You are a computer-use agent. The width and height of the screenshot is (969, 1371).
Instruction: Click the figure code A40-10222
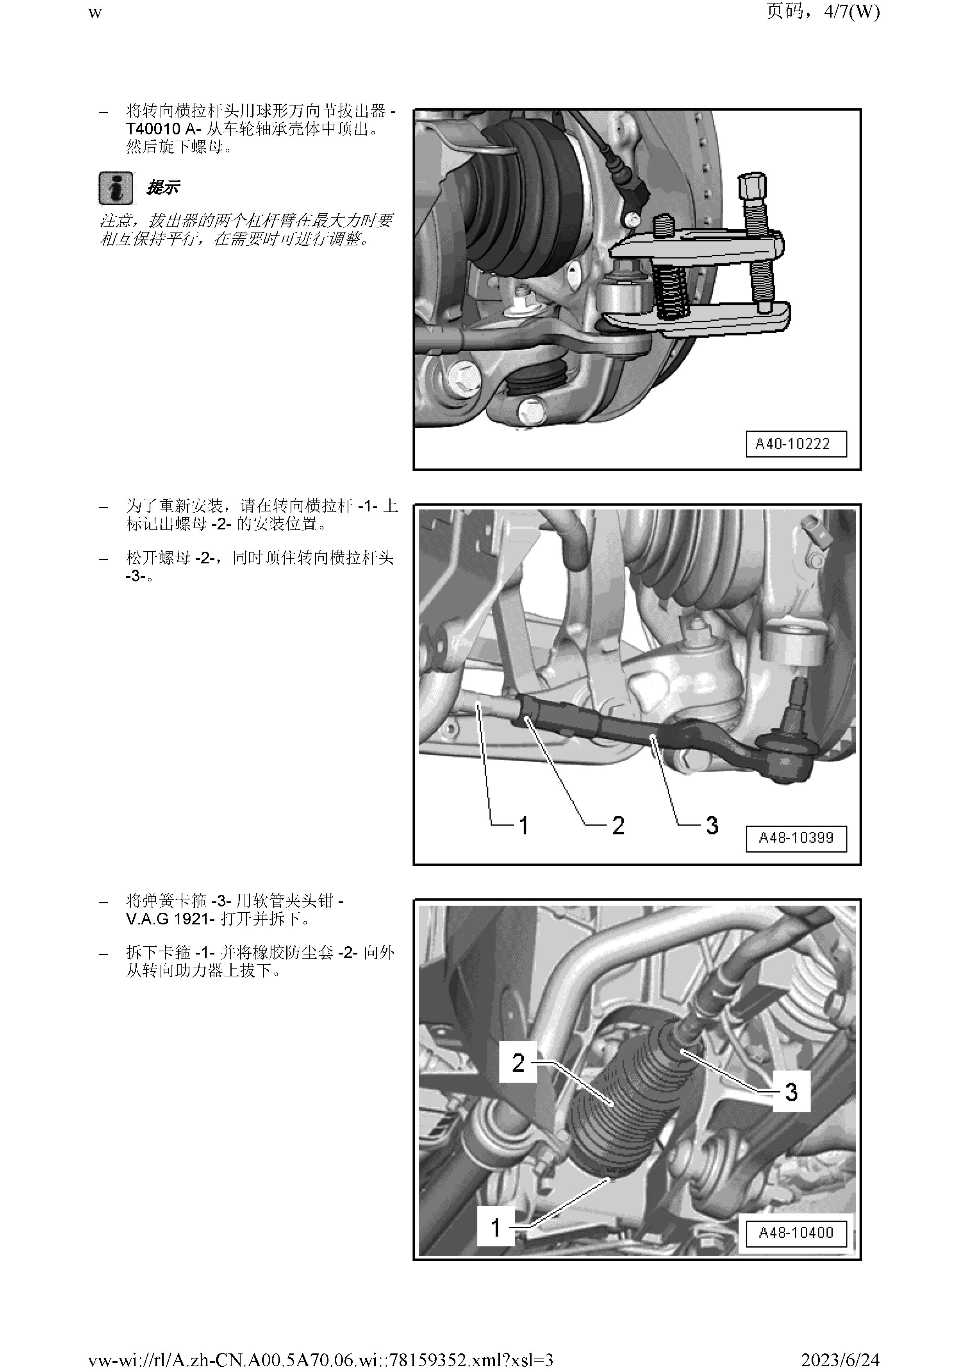(796, 444)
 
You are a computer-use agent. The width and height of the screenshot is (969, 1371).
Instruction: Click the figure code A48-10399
(796, 837)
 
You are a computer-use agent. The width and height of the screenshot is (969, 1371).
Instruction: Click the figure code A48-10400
(796, 1232)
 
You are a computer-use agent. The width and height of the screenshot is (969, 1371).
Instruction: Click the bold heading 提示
(162, 188)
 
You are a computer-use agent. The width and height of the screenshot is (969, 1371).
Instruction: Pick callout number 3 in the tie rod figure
(712, 825)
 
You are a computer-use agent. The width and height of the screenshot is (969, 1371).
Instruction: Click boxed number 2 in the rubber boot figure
(518, 1063)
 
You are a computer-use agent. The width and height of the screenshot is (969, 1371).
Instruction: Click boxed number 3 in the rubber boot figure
(791, 1092)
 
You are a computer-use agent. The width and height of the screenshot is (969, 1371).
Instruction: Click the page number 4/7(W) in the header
(851, 12)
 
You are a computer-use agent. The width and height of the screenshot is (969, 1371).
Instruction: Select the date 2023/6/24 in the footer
(840, 1360)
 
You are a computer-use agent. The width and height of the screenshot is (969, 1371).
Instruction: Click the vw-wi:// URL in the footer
(321, 1360)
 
